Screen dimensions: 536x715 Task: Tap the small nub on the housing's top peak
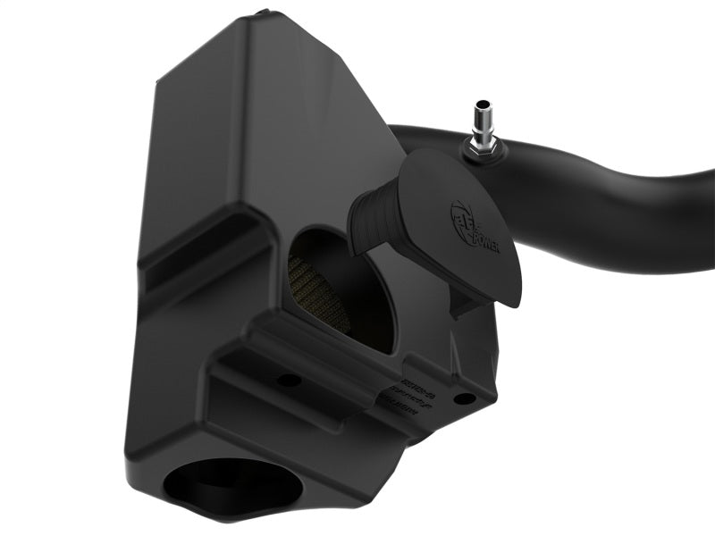point(260,13)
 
